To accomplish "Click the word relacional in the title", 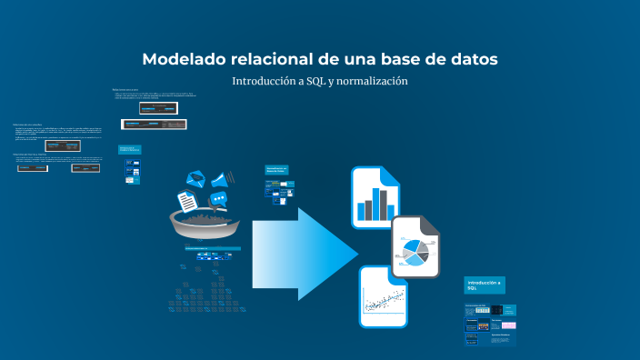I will click(x=268, y=59).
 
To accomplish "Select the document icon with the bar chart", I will click(x=375, y=196).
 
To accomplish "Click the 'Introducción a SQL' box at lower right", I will click(x=484, y=285).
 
